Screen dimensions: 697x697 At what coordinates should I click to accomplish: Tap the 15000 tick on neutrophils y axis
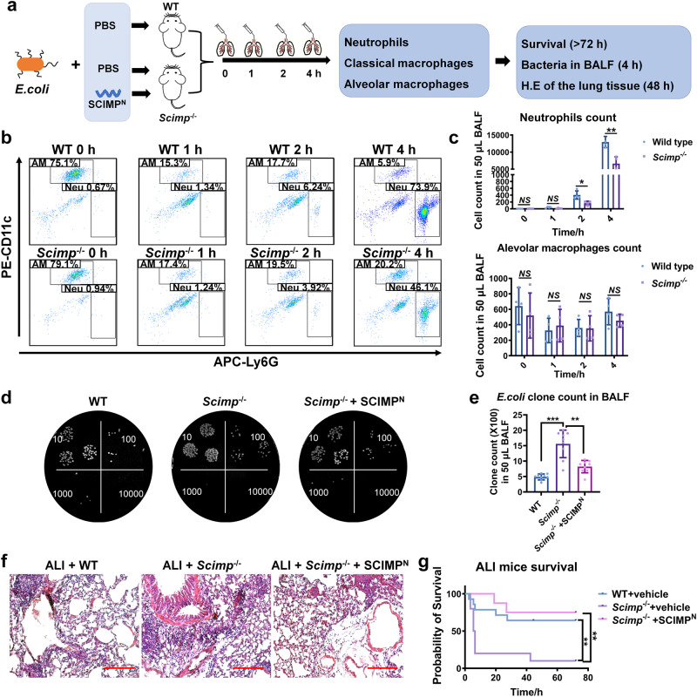pos(498,136)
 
